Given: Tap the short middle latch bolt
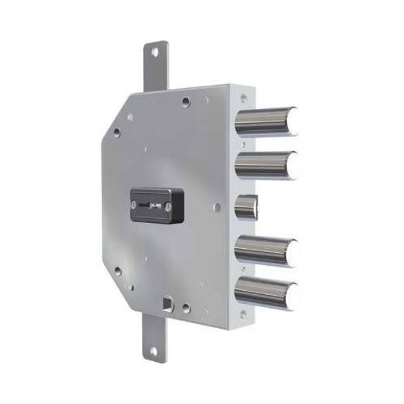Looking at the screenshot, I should (246, 207).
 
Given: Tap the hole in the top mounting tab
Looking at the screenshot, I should (154, 53).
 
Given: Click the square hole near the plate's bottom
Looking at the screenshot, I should (167, 305).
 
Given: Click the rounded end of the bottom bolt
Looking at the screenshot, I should (292, 295).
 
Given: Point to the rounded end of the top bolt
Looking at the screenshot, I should (292, 121).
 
